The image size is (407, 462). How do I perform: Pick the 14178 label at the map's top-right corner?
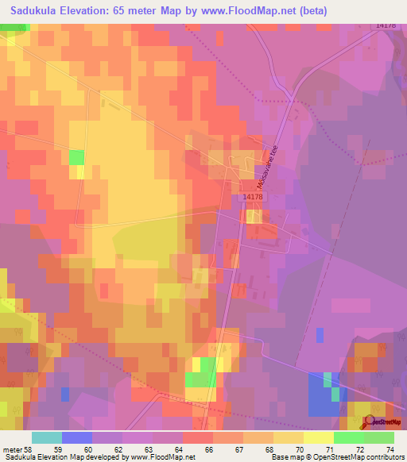tap(386, 25)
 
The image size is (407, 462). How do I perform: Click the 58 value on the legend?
tap(28, 450)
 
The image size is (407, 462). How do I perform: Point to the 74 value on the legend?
tap(390, 450)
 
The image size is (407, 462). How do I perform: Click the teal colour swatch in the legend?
tap(46, 437)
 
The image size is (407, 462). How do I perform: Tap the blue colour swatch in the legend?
tap(76, 437)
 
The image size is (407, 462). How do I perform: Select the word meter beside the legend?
tap(12, 450)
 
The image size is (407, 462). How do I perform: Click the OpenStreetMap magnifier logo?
tap(368, 422)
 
